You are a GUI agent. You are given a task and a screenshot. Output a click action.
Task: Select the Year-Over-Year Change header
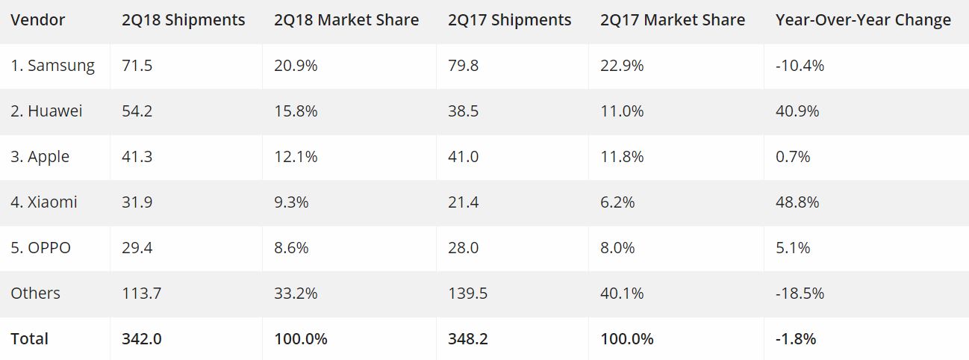[x=863, y=20]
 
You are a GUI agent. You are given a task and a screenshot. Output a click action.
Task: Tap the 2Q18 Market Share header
[x=346, y=20]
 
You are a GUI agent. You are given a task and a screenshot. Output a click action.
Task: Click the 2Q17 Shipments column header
[x=510, y=20]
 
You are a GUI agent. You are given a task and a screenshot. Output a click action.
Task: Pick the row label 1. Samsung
[x=52, y=66]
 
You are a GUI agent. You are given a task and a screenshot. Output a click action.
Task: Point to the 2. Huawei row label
[x=46, y=111]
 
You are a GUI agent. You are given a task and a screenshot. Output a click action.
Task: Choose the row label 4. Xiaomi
[x=44, y=202]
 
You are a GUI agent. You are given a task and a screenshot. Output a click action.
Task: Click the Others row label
[x=35, y=294]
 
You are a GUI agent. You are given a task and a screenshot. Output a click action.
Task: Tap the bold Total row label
[x=29, y=339]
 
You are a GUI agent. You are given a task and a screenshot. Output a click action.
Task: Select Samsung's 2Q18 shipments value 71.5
[x=137, y=66]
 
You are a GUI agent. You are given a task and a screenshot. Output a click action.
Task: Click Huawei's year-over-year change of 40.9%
[x=797, y=111]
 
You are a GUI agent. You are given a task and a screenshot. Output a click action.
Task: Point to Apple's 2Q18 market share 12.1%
[x=296, y=157]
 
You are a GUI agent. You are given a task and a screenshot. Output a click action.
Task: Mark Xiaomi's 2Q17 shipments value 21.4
[x=464, y=202]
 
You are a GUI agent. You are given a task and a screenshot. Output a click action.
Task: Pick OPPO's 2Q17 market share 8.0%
[x=617, y=248]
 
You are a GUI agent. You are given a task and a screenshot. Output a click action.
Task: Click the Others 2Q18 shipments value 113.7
[x=141, y=294]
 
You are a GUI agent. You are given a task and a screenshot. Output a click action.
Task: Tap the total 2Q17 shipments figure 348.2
[x=468, y=339]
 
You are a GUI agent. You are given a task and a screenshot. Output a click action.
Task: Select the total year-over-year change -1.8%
[x=796, y=339]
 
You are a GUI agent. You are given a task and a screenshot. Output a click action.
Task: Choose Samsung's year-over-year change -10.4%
[x=800, y=66]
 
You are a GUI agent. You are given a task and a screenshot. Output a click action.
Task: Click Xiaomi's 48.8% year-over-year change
[x=797, y=202]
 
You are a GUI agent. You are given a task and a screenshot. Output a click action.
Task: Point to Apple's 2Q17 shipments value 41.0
[x=464, y=157]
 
